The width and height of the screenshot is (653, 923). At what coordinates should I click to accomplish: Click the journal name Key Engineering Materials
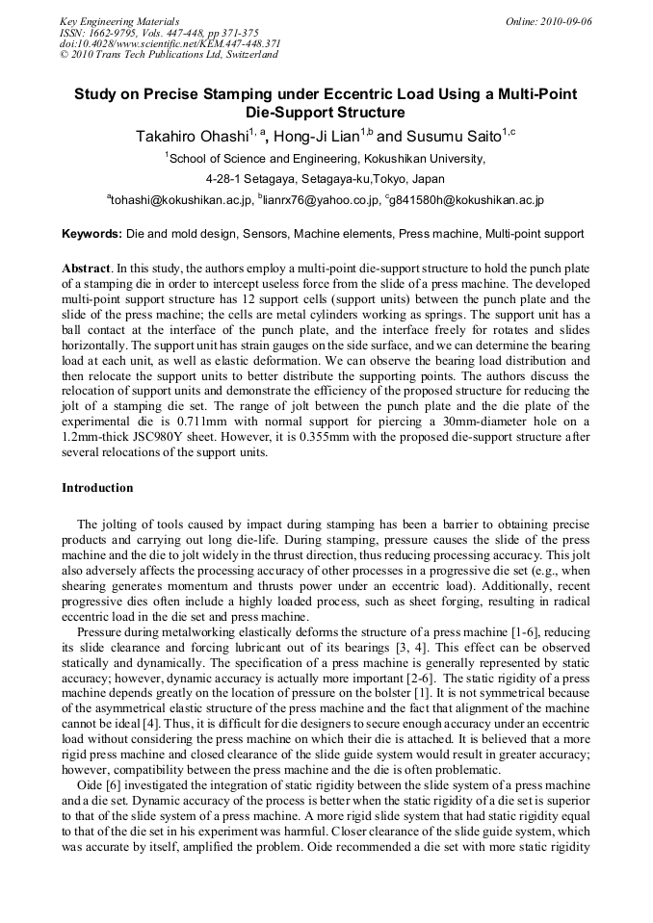[x=119, y=20]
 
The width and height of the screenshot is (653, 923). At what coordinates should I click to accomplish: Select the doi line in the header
[x=170, y=43]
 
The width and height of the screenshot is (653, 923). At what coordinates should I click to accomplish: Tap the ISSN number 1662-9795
[x=115, y=32]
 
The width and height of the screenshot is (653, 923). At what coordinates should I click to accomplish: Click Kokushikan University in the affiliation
[x=424, y=159]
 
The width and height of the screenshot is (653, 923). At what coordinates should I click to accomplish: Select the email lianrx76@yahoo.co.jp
[x=316, y=200]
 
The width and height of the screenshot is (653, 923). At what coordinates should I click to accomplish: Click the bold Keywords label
[x=91, y=234]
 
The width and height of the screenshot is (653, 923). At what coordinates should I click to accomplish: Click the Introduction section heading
[x=97, y=488]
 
